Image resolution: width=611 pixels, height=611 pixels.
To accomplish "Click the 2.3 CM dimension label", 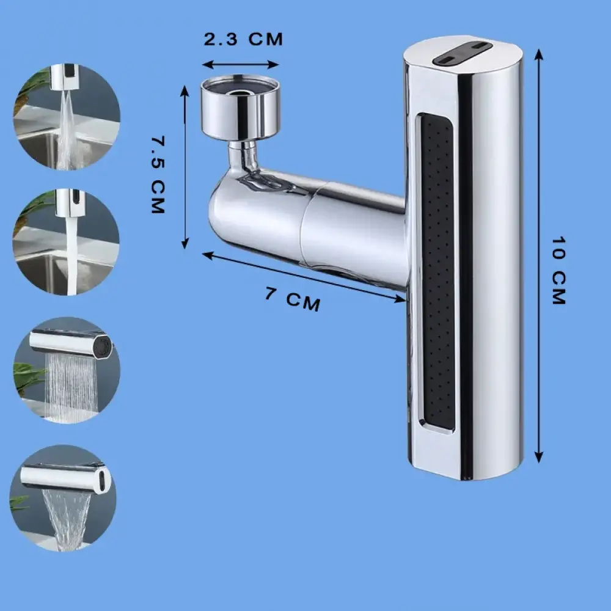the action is (243, 39).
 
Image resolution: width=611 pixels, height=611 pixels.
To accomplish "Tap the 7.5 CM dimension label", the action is (158, 175).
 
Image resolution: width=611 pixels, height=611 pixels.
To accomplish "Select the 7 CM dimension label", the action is (293, 299).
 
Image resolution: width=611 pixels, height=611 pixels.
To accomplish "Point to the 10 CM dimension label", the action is (559, 270).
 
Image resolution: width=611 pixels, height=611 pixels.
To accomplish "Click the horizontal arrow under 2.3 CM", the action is (240, 65).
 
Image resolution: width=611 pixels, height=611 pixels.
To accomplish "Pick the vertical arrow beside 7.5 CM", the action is (185, 167).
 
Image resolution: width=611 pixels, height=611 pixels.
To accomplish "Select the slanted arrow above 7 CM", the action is (304, 277).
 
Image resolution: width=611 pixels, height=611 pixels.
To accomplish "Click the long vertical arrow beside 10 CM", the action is (539, 256).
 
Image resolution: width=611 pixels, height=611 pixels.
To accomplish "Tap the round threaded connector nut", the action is (241, 108).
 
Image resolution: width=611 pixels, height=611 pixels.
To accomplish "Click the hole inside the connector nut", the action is (240, 93).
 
